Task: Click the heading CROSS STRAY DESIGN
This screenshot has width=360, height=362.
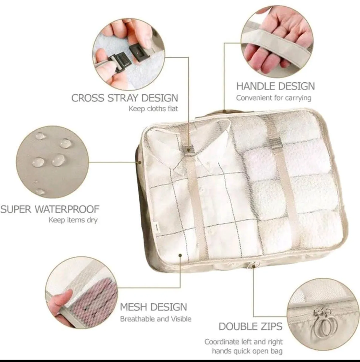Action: [x=124, y=98]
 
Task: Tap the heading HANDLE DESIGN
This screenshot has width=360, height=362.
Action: [x=275, y=86]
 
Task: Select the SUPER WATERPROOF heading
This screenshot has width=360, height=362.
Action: [x=50, y=209]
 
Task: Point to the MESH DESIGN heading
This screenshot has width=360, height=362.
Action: [x=153, y=307]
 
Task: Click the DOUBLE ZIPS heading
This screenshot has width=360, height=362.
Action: [x=250, y=326]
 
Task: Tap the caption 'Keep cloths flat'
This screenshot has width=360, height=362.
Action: [x=153, y=108]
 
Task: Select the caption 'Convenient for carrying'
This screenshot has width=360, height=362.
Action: [x=274, y=98]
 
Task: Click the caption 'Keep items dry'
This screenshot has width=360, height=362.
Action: [x=73, y=220]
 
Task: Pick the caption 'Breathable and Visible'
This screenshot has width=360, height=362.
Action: [x=155, y=319]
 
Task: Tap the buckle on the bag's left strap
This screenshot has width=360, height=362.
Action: [x=188, y=149]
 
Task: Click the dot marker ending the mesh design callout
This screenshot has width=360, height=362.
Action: [x=180, y=256]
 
